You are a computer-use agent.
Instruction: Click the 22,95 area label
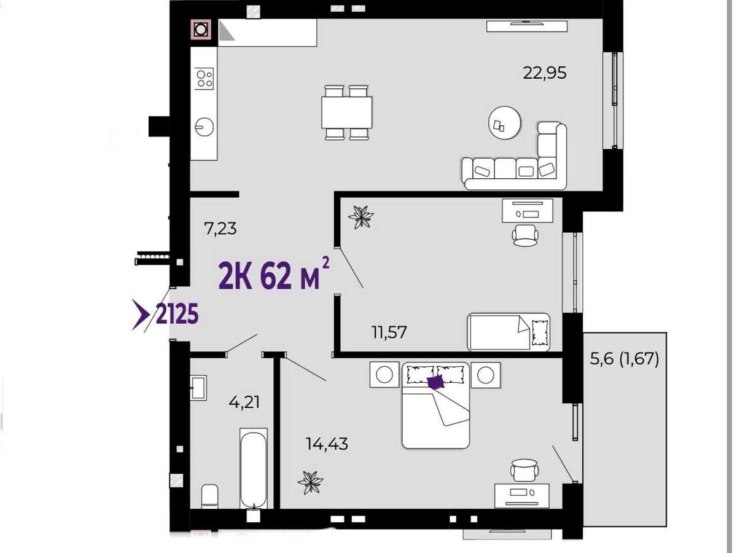pos(544,73)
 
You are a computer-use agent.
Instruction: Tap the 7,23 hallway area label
pos(220,229)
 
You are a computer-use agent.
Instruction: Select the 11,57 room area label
pos(389,332)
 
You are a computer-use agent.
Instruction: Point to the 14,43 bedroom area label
pos(327,444)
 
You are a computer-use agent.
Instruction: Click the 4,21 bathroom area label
pos(244,402)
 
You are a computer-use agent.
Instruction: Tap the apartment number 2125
pos(177,314)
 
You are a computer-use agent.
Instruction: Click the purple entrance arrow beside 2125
pos(141,314)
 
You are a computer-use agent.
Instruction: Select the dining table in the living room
pos(346,112)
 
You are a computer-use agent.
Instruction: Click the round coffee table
pos(505,122)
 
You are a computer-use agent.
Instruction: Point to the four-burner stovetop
pos(205,79)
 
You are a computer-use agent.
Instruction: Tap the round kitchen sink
pos(204,127)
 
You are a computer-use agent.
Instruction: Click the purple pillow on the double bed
pos(436,382)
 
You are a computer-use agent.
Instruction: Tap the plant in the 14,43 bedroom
pos(310,482)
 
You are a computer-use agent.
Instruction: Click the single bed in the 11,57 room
pos(509,332)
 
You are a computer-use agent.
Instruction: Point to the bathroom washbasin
pos(198,388)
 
